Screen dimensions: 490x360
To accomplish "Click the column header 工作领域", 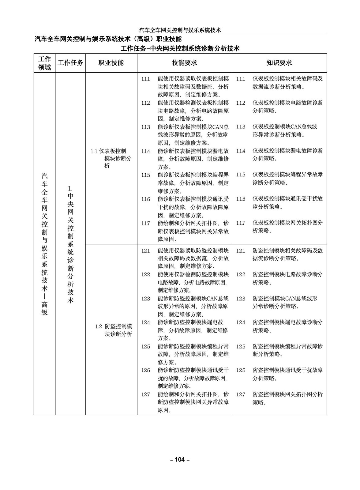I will pos(44,63).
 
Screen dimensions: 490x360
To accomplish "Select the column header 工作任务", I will pos(70,63).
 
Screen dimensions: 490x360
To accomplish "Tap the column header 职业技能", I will pos(111,63).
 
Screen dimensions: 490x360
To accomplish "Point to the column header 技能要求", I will pos(184,63).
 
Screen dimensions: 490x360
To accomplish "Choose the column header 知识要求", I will pos(279,63).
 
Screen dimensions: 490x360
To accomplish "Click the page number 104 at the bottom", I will pos(180,459).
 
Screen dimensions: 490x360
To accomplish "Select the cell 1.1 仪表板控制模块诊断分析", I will pos(111,158).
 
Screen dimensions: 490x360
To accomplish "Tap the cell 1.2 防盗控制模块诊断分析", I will pos(114,330).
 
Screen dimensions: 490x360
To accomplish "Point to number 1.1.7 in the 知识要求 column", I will pos(241,223).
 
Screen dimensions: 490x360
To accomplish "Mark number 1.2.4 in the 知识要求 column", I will pos(241,322).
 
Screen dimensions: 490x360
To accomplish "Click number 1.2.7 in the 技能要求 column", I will pos(146,394).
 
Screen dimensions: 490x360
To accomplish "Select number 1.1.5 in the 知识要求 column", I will pos(241,175).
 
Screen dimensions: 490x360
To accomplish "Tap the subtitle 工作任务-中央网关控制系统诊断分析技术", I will pos(180,48).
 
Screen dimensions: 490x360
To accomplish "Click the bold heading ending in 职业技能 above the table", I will pos(108,39).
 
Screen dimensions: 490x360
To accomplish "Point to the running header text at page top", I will pos(180,30).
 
